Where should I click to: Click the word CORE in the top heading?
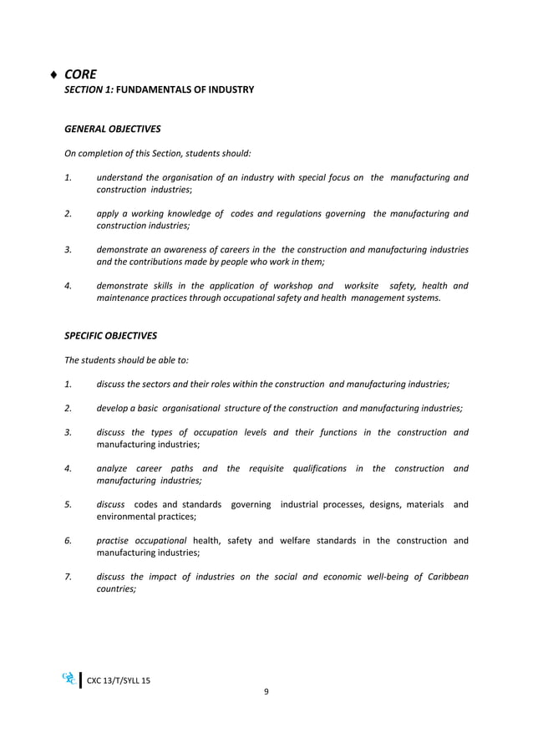tap(80, 74)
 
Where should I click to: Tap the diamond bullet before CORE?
tap(55, 74)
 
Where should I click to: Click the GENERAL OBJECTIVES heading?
tap(112, 130)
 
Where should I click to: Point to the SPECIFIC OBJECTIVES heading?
tap(110, 336)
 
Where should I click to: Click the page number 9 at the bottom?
tap(266, 690)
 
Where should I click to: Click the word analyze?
tap(112, 469)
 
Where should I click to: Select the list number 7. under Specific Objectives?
tap(68, 576)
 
